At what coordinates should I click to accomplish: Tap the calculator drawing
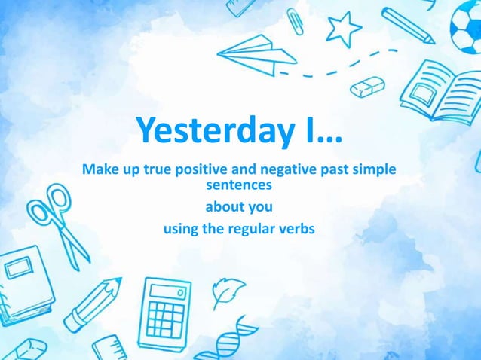click(x=164, y=308)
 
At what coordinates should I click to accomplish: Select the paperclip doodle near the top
click(x=295, y=20)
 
